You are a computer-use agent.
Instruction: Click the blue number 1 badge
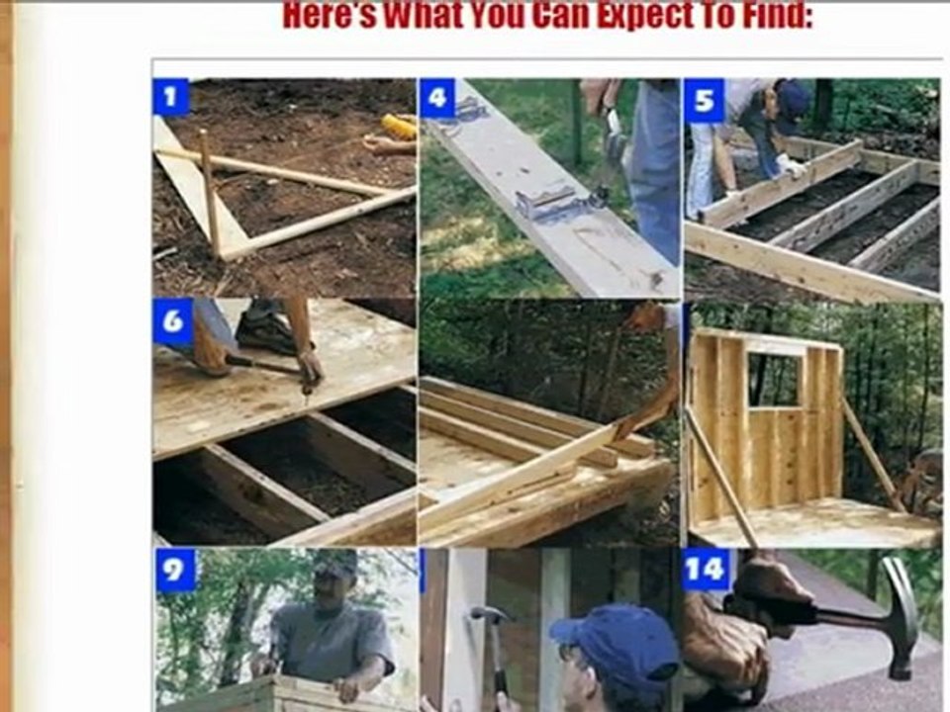(x=170, y=97)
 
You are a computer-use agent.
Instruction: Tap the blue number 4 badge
(x=436, y=98)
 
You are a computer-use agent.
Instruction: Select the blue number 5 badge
(x=704, y=100)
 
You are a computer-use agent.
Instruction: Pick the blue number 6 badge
(x=172, y=320)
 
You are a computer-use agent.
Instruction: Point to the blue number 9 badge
(x=174, y=570)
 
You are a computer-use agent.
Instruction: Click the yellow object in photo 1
(x=399, y=127)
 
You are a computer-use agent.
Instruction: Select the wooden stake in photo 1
(x=210, y=193)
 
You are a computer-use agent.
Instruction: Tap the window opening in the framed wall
(x=773, y=379)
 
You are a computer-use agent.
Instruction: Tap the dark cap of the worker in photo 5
(x=793, y=100)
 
